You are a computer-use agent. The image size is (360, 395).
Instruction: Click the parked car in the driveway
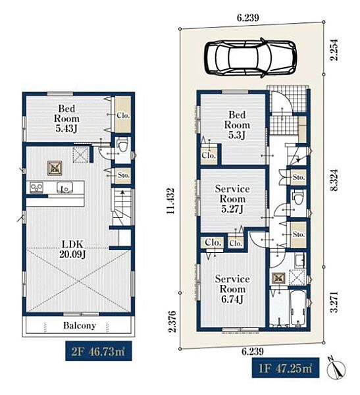pos(250,57)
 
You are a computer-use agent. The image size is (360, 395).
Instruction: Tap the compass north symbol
pos(336,367)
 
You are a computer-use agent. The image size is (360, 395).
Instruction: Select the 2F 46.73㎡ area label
pos(98,351)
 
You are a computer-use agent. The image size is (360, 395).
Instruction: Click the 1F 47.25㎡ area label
pos(286,368)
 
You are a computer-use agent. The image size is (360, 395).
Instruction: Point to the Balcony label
pos(80,325)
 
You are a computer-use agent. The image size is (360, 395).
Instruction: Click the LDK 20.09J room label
pos(73,250)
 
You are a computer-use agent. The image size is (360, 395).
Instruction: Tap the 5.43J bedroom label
pos(66,118)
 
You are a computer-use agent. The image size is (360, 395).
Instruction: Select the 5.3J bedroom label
pos(237,125)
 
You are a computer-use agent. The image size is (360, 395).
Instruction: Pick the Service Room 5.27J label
pos(232,199)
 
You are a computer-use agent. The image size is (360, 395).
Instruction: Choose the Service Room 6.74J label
pos(232,289)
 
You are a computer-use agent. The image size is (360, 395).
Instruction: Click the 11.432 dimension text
pos(170,201)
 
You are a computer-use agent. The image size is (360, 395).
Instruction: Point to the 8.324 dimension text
pos(334,180)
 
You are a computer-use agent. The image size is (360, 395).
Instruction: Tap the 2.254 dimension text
pos(334,50)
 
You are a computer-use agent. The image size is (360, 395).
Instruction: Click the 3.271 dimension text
pos(334,302)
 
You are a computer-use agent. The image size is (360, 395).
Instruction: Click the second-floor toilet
pos(123,145)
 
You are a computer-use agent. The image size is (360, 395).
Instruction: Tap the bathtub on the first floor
pos(297,308)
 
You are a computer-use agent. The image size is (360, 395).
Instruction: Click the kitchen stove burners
pos(36,188)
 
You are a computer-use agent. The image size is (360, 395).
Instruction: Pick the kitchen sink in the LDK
pos(64,187)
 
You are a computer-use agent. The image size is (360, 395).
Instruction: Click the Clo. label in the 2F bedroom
pos(123,116)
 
